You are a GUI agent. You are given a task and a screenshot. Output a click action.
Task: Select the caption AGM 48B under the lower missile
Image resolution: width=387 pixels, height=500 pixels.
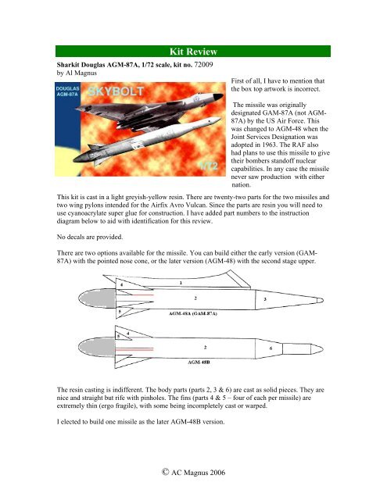click(x=199, y=362)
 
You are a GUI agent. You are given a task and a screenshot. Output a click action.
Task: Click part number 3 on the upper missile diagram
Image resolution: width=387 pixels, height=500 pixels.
click(x=265, y=299)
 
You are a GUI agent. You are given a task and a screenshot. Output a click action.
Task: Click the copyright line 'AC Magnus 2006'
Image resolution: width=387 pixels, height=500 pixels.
click(x=193, y=473)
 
